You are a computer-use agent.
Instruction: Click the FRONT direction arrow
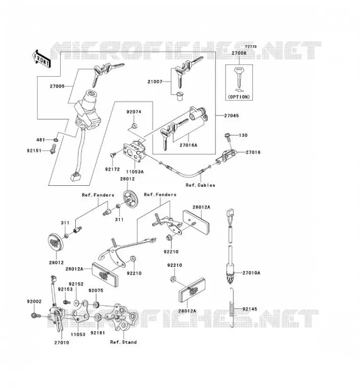(x=41, y=59)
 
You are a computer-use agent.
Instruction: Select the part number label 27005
(x=57, y=86)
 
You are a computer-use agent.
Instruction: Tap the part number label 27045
(x=231, y=115)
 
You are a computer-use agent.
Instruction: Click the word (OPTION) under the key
(x=239, y=97)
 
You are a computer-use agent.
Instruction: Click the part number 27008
(x=239, y=53)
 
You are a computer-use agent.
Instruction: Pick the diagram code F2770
(x=251, y=47)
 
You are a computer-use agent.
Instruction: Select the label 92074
(x=134, y=112)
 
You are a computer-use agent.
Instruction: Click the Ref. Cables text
(x=200, y=185)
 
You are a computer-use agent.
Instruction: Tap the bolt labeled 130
(x=228, y=138)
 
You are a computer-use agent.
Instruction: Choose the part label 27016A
(x=189, y=145)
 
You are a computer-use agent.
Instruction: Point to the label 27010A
(x=251, y=273)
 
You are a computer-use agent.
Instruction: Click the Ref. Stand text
(x=123, y=342)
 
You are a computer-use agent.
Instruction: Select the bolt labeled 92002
(x=34, y=316)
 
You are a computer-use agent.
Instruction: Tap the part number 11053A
(x=135, y=172)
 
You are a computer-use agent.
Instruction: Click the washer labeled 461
(x=56, y=140)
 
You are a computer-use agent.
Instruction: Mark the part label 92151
(x=34, y=150)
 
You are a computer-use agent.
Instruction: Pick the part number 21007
(x=155, y=81)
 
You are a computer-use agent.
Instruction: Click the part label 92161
(x=98, y=333)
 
